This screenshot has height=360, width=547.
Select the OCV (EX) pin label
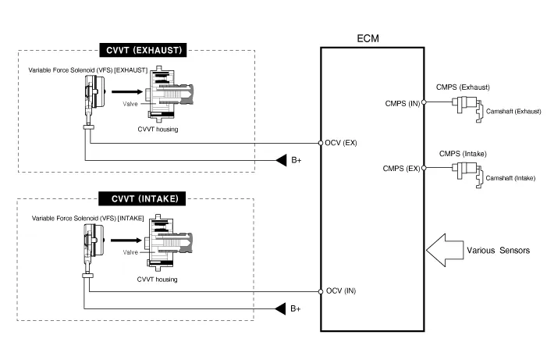341,143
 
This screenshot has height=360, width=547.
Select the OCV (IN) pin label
340,291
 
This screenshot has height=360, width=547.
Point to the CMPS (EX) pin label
401,168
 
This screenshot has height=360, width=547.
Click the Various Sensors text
499,251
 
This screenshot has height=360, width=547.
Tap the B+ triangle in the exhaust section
280,161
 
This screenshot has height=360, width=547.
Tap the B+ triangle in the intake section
280,308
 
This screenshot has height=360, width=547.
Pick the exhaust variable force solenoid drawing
93,98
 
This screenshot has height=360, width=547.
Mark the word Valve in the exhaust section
130,104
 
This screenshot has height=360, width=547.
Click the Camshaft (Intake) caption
510,178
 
